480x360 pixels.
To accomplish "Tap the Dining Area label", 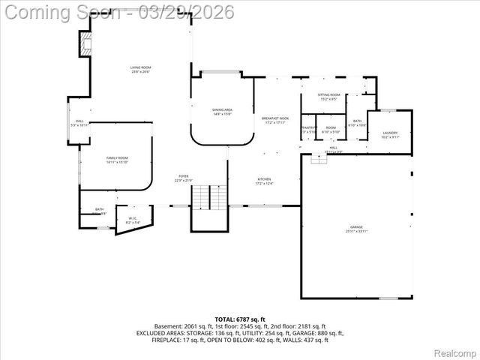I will point(222,112).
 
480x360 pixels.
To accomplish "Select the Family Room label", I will point(117,160).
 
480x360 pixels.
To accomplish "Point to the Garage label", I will point(356,229).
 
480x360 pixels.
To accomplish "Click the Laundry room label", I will point(390,135).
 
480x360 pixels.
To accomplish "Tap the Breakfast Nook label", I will point(274,120).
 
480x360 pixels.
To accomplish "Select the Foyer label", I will point(184,178).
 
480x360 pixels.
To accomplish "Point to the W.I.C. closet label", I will point(133,221).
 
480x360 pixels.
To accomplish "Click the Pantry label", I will point(307,129).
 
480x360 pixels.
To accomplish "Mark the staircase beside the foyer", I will point(209,197).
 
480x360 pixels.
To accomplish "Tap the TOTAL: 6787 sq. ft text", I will point(240,319).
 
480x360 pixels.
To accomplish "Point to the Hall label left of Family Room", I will point(79,122).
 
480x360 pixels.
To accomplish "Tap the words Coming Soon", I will point(52,12).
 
